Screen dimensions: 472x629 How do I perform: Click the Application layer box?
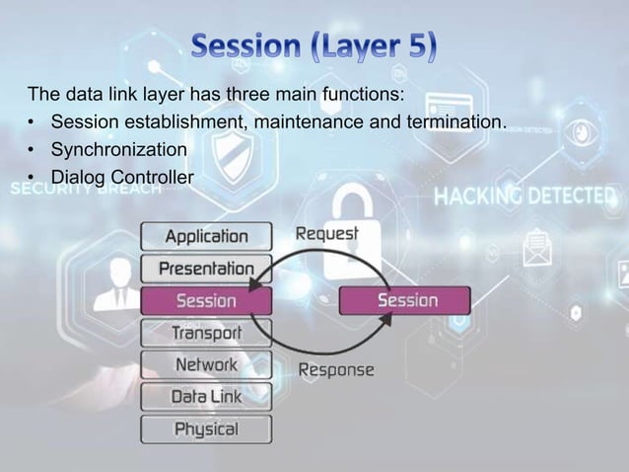(x=206, y=237)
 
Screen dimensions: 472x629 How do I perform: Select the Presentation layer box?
(x=206, y=269)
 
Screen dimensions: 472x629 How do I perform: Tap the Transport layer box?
(x=206, y=333)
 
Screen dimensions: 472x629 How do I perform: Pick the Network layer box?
(x=206, y=365)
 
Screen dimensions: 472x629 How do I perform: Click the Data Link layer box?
(x=206, y=397)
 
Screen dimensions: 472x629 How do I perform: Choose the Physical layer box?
(x=206, y=430)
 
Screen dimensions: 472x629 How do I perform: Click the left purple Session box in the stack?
(x=206, y=300)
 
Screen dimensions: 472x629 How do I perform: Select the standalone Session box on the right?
(x=405, y=300)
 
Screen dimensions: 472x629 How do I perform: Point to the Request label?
(x=327, y=235)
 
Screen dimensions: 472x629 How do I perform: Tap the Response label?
(x=337, y=371)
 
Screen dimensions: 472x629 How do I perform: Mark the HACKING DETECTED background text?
(x=528, y=196)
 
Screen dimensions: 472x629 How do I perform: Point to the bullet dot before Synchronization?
(x=33, y=150)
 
